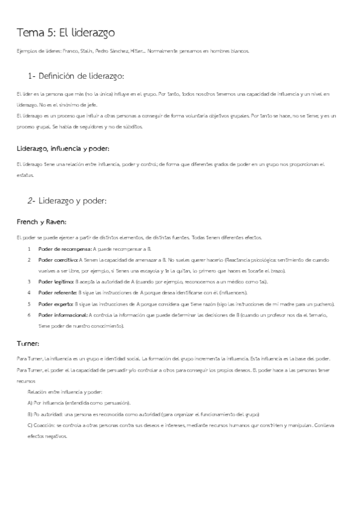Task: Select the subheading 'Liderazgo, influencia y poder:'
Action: tap(63, 147)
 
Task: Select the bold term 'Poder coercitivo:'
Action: tap(58, 260)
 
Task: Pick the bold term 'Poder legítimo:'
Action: tap(56, 281)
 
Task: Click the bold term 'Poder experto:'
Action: tap(56, 304)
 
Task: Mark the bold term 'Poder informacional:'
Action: tap(63, 315)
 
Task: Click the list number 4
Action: tap(29, 292)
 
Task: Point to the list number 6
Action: tap(29, 315)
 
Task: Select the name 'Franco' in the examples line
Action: tap(70, 51)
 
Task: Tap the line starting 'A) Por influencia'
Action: tap(79, 402)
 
